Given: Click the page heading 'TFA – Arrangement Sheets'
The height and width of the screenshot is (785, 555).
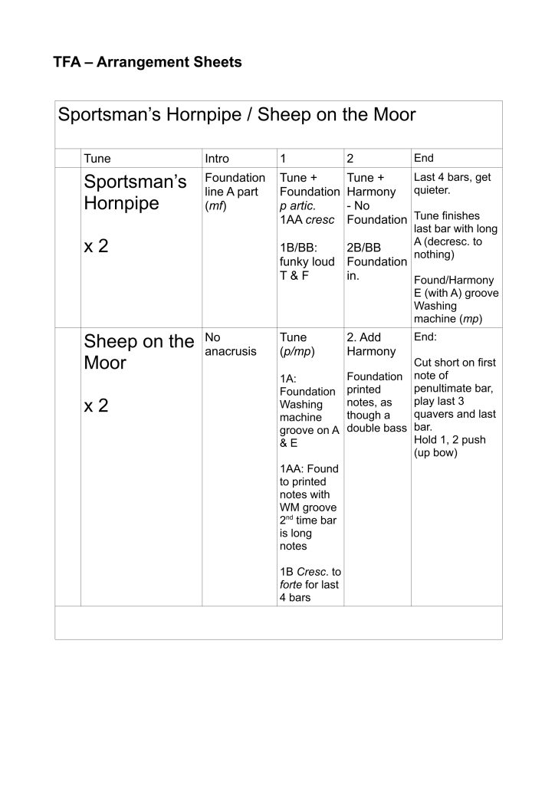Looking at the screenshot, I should pos(147,63).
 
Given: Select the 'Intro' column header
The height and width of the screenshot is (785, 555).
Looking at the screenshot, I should pos(217,159).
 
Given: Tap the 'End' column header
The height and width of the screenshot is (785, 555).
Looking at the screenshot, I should pos(423,158).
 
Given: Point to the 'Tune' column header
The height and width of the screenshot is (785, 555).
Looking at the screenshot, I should pos(97,159).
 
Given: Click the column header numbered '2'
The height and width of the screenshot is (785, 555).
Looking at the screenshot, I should pos(350,159).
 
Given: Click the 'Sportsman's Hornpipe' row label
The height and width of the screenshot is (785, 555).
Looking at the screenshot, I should pos(135,193).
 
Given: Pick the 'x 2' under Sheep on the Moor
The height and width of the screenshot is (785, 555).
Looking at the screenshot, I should pos(96,406).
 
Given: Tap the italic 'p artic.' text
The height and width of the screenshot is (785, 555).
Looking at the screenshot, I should pos(297,205).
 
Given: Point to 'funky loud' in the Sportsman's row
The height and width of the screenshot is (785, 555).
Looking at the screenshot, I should pos(307,261).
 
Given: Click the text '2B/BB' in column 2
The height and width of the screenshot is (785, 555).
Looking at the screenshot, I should pos(363,248).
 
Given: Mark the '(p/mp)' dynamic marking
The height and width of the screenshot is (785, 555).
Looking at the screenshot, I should pos(297,351).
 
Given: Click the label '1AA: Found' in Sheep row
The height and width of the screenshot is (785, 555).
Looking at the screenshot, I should pos(309,468).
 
